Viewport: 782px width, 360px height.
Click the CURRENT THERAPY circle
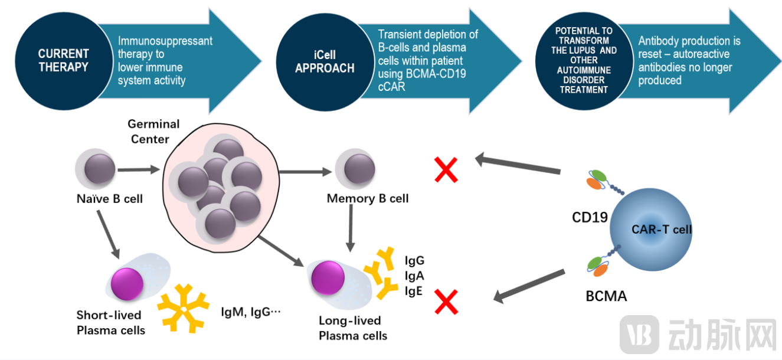tap(63, 60)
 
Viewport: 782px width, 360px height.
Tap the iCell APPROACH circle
tap(325, 60)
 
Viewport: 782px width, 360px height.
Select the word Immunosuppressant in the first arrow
tap(165, 41)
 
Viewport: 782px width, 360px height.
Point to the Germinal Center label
tap(153, 132)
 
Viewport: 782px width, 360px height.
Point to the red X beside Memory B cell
tap(446, 170)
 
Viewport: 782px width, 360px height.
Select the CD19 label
tap(590, 217)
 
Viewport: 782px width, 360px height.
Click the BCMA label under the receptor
tap(606, 296)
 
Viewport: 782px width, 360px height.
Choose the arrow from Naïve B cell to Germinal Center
tap(139, 170)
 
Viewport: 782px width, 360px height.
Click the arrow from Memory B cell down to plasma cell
tap(351, 227)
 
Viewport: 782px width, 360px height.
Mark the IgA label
tap(414, 275)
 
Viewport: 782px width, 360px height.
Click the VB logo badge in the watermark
tap(639, 334)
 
